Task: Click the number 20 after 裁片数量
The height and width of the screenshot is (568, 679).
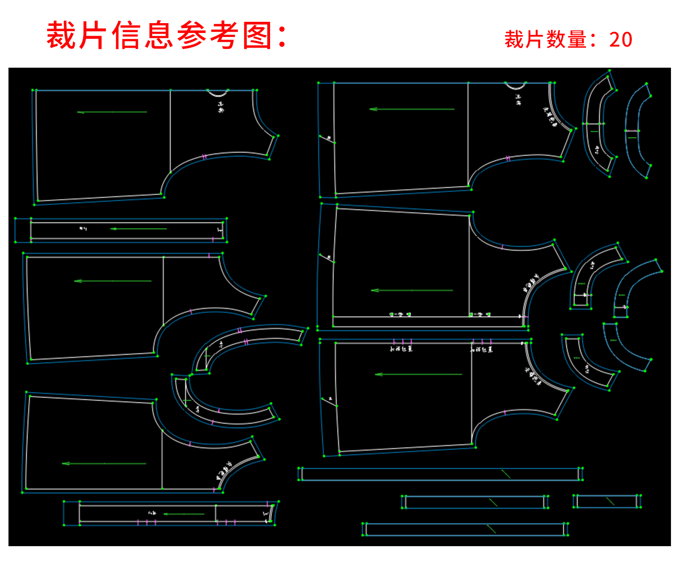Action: pos(621,40)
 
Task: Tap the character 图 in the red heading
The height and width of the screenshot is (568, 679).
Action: pos(258,36)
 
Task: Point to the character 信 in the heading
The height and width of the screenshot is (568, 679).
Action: pos(127,36)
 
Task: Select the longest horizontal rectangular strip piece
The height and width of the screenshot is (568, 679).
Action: pos(440,474)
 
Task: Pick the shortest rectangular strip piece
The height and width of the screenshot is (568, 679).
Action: pos(607,501)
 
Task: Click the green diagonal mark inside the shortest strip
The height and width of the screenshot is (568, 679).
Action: pos(610,501)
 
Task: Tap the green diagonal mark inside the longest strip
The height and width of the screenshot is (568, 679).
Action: pos(506,474)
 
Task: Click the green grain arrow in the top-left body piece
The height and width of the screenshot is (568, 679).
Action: pos(112,112)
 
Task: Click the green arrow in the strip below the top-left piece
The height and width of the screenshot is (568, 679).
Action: pos(138,229)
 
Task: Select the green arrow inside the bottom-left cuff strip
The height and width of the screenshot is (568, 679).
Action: pos(184,514)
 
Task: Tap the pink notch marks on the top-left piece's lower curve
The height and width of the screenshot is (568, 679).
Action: pos(204,157)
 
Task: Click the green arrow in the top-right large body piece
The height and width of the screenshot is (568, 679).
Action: pos(412,109)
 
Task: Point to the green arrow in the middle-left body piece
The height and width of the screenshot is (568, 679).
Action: pos(113,281)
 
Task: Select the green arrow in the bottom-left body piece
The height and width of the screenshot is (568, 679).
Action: pos(104,463)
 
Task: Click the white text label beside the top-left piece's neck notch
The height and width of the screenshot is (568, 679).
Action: pos(221,107)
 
